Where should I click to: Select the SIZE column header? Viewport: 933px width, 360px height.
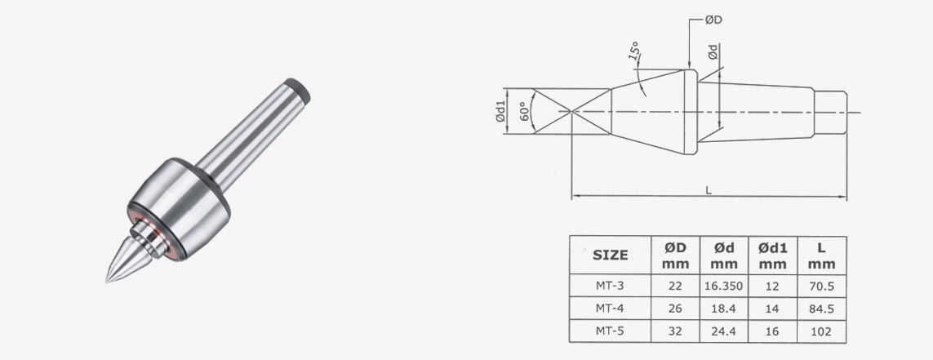pos(610,255)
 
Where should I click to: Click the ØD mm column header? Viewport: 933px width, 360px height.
pos(675,255)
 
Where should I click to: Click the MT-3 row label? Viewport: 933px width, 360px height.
pos(610,286)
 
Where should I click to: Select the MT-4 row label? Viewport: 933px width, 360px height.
pos(610,309)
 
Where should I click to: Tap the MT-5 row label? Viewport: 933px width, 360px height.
pos(610,331)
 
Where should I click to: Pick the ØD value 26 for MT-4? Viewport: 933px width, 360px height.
pos(675,309)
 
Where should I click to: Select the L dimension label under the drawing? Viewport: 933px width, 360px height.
pos(709,189)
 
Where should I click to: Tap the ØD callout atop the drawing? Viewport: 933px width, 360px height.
pos(712,20)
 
